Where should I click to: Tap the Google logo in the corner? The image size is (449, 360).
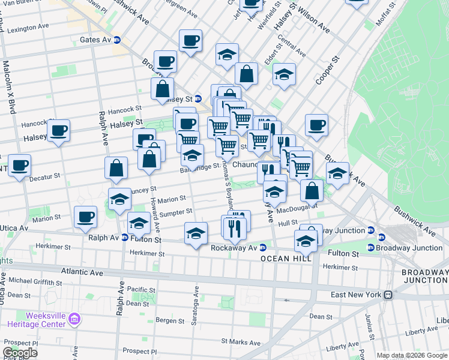pyautogui.click(x=19, y=353)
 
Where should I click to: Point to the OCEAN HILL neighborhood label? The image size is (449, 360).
pyautogui.click(x=285, y=258)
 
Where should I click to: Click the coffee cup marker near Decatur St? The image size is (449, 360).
pyautogui.click(x=19, y=166)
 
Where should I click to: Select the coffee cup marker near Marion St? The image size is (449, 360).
pyautogui.click(x=85, y=217)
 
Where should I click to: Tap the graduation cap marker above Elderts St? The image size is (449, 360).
pyautogui.click(x=284, y=74)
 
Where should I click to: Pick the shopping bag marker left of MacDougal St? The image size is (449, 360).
pyautogui.click(x=312, y=191)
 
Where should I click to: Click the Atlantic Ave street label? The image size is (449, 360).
pyautogui.click(x=88, y=272)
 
